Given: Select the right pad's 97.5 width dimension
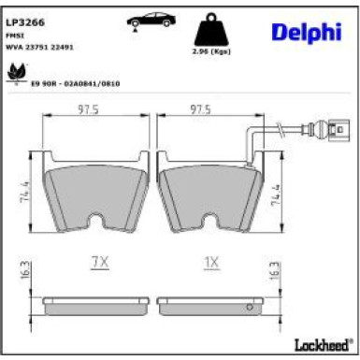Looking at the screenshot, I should click(198, 108).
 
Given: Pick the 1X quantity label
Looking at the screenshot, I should click(210, 263).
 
